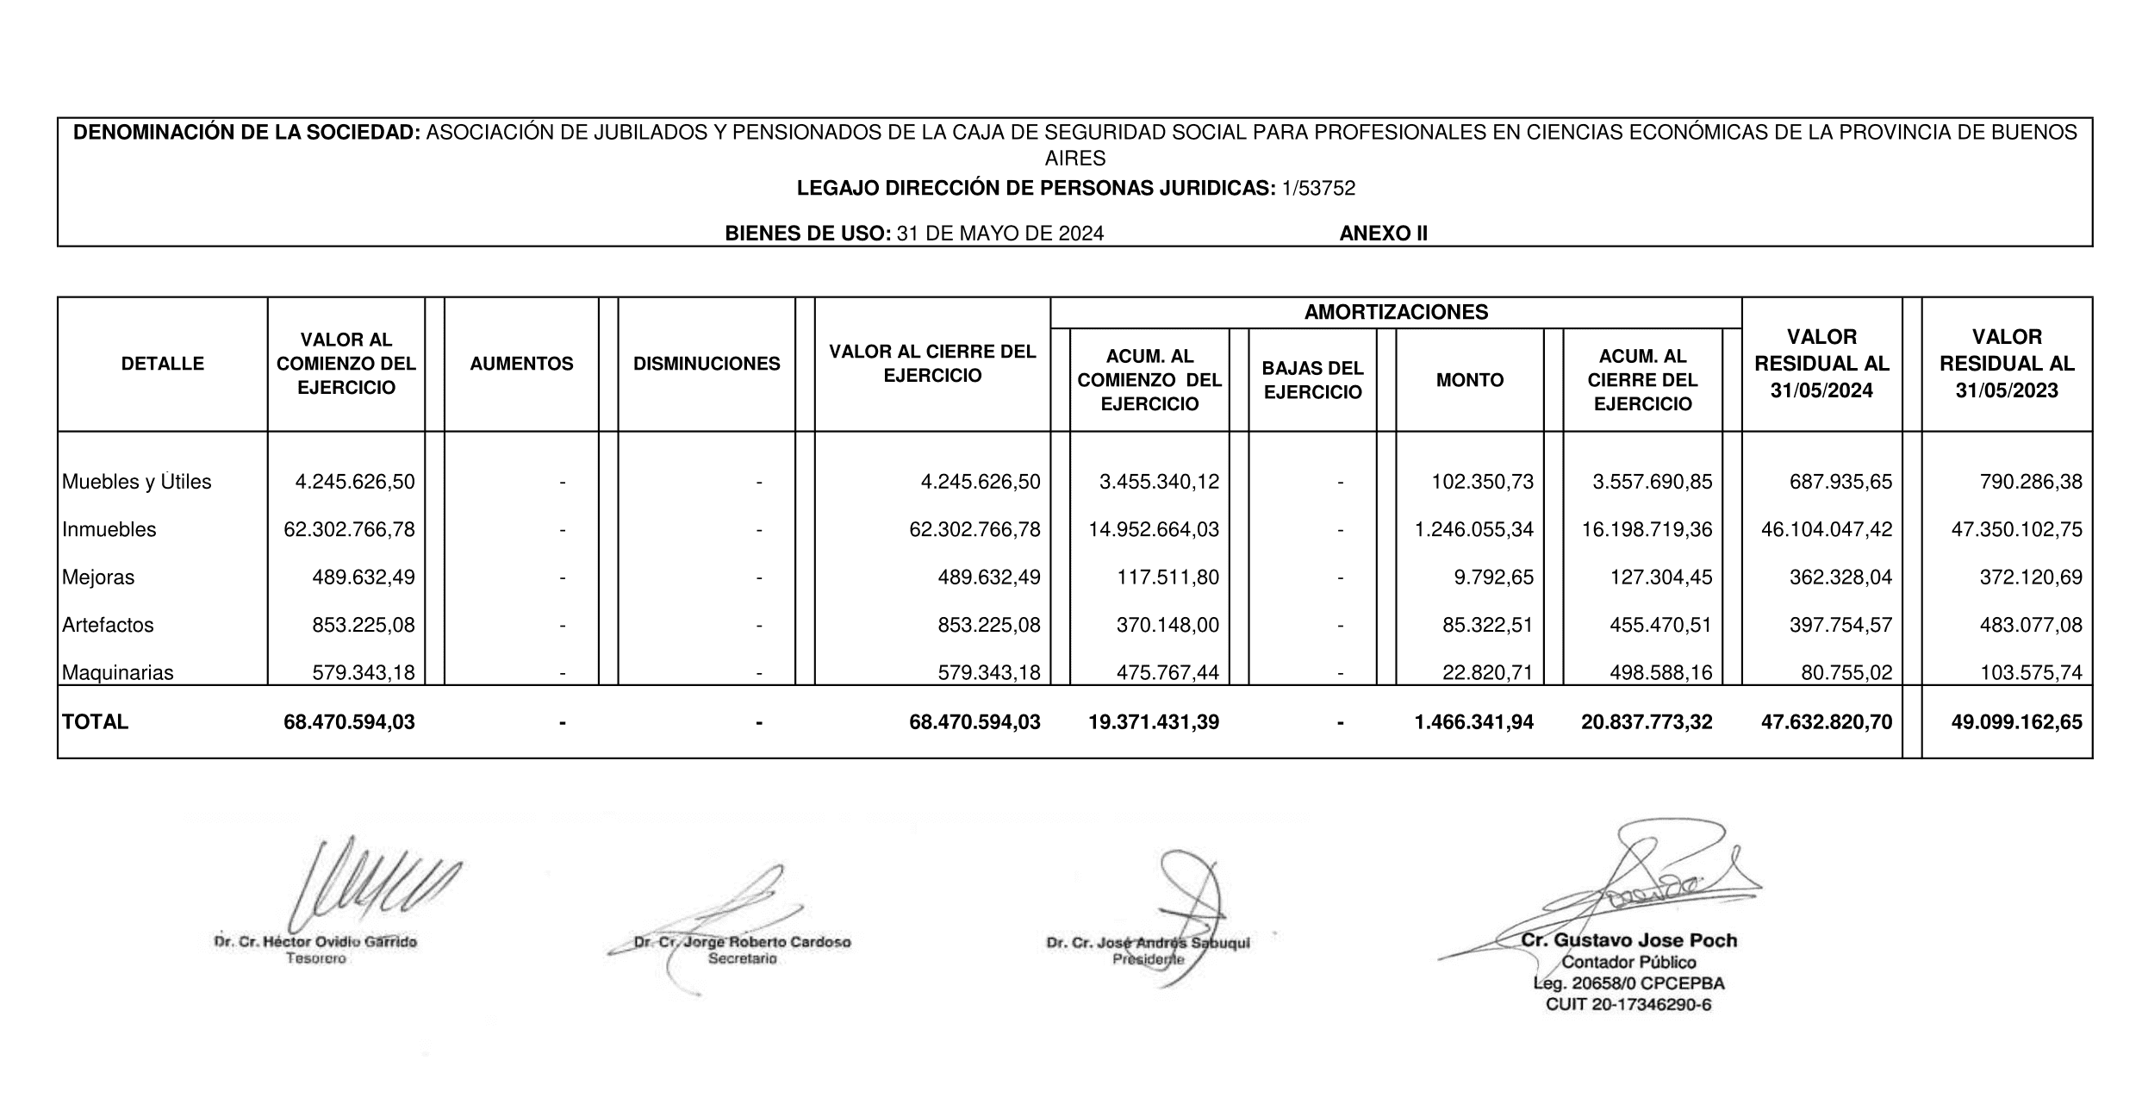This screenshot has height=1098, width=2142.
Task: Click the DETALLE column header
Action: pos(162,364)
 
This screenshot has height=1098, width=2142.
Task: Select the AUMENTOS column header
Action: pos(521,364)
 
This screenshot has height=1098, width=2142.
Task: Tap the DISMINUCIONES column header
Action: pos(707,364)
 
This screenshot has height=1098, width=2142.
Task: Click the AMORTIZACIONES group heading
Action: pos(1396,312)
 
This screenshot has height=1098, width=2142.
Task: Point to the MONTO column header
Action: pos(1469,380)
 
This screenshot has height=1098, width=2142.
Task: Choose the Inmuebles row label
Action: pos(109,529)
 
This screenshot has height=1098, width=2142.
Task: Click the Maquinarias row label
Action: pos(117,672)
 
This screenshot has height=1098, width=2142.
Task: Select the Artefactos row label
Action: pos(108,625)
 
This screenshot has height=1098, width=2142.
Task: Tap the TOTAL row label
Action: pos(95,722)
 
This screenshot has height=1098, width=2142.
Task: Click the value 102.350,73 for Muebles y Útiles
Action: pos(1482,482)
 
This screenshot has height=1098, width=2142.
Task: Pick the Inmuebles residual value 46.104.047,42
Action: pos(1827,529)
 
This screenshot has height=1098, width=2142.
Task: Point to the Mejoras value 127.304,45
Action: pos(1660,577)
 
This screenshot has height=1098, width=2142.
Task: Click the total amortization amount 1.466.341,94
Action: pos(1473,722)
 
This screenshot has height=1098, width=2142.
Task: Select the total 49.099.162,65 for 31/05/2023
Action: pos(2016,722)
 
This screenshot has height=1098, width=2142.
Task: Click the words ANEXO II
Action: pos(1383,234)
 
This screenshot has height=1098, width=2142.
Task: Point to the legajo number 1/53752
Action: pos(1318,188)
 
